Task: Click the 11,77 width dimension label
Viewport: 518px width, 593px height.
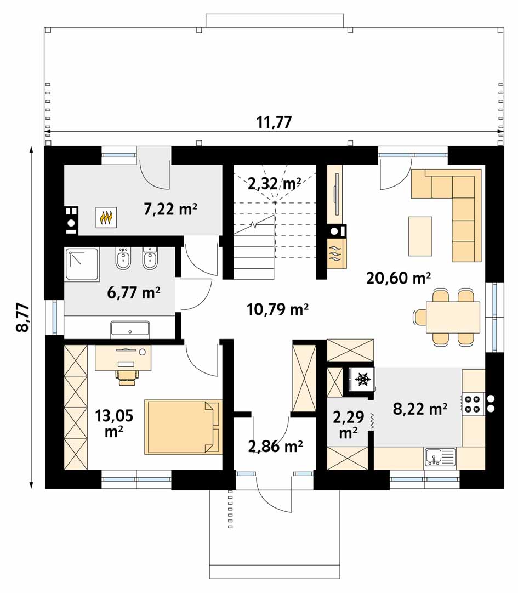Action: point(274,122)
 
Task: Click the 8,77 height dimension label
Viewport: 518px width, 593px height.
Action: point(23,317)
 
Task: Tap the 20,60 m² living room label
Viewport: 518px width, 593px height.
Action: point(399,278)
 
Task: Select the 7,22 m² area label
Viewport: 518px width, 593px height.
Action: point(170,208)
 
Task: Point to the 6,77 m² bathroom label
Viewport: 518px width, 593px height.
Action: point(134,293)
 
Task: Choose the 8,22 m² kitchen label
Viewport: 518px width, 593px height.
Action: point(420,409)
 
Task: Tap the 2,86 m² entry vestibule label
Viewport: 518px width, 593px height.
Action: point(275,447)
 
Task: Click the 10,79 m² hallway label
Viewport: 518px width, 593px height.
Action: point(278,309)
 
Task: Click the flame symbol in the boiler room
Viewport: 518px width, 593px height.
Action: point(106,217)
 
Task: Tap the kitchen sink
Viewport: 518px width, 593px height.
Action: point(440,457)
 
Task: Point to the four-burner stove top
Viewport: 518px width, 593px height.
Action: point(473,404)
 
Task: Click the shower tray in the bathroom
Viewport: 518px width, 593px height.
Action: point(82,264)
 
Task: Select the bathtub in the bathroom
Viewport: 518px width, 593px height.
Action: point(130,329)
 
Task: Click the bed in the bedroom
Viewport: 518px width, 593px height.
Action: point(183,427)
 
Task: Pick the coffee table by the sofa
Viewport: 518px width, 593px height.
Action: point(420,236)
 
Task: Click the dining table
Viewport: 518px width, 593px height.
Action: point(453,317)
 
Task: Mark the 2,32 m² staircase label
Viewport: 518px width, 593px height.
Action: point(275,183)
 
